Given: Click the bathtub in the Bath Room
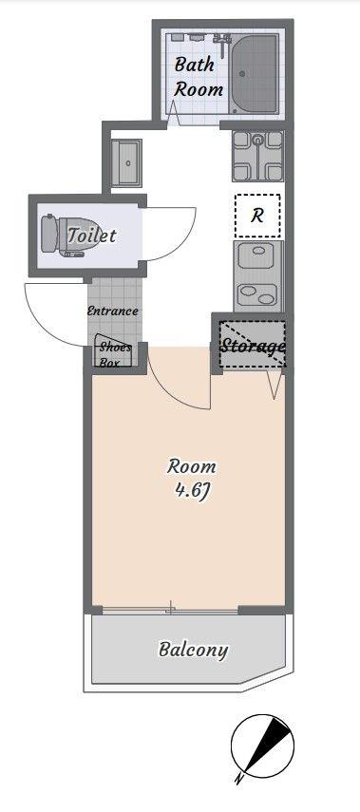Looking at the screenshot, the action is [x=254, y=75].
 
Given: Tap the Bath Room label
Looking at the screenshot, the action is [x=199, y=77].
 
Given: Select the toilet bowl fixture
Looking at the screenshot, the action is [x=62, y=236].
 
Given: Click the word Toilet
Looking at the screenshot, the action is [x=92, y=236].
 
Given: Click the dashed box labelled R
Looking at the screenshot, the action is [x=257, y=216].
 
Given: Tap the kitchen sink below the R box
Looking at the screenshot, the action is [x=258, y=276].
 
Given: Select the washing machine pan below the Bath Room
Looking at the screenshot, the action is [x=257, y=156].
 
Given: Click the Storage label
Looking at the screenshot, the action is [x=253, y=346].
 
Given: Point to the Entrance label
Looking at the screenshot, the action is [x=112, y=312].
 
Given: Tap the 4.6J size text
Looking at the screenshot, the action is [x=191, y=490].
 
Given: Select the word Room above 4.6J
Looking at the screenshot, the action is [x=191, y=466].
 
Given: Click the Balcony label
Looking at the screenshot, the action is [x=193, y=650].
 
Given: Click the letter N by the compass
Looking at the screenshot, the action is [x=238, y=779].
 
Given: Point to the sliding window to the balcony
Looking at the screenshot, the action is [x=171, y=610].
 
